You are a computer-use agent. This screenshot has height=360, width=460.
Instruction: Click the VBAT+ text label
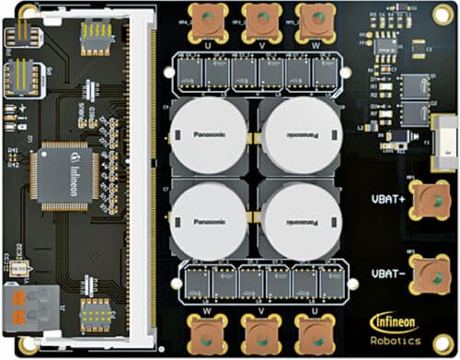click(389, 197)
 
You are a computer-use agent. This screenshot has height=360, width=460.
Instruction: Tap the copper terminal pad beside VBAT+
click(427, 197)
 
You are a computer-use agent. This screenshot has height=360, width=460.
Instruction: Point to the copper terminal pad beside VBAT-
click(427, 273)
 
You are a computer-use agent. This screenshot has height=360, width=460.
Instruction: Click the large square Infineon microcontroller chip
click(60, 176)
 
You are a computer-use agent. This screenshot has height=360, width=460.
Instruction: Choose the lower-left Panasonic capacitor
click(207, 220)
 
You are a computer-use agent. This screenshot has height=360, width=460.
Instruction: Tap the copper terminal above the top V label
click(262, 19)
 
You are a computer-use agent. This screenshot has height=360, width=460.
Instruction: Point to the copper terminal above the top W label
click(316, 19)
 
